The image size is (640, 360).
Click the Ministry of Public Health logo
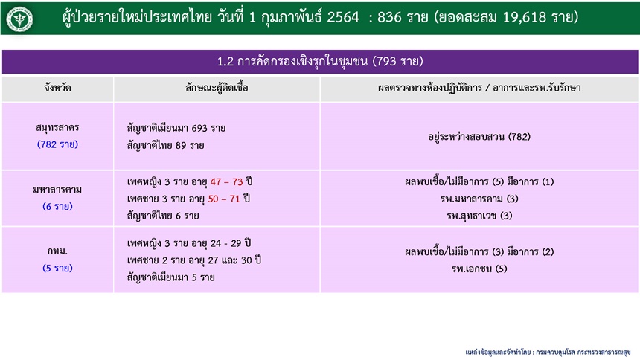pyautogui.click(x=19, y=19)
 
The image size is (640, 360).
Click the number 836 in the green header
pyautogui.click(x=389, y=17)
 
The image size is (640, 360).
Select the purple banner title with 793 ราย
pyautogui.click(x=320, y=62)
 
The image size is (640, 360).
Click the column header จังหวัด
pyautogui.click(x=57, y=88)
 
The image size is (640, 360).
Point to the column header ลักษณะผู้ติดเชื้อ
pyautogui.click(x=217, y=88)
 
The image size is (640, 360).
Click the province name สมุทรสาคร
pyautogui.click(x=57, y=128)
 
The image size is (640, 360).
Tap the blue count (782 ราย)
pyautogui.click(x=57, y=144)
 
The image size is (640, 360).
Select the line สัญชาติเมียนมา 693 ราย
pyautogui.click(x=176, y=128)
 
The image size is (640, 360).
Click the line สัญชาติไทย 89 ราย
pyautogui.click(x=166, y=145)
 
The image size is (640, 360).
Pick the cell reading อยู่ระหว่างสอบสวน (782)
pyautogui.click(x=479, y=137)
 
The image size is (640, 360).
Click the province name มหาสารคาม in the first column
pyautogui.click(x=57, y=190)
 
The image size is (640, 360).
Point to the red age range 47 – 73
pyautogui.click(x=226, y=181)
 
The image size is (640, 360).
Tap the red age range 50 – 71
pyautogui.click(x=224, y=199)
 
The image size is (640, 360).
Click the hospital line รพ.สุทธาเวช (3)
pyautogui.click(x=479, y=216)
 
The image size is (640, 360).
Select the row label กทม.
pyautogui.click(x=57, y=251)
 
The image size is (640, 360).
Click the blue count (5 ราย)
pyautogui.click(x=57, y=269)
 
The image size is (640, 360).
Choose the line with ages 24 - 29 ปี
pyautogui.click(x=189, y=243)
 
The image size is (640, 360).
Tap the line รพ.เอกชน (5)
pyautogui.click(x=479, y=269)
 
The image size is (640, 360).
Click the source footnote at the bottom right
pyautogui.click(x=548, y=352)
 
